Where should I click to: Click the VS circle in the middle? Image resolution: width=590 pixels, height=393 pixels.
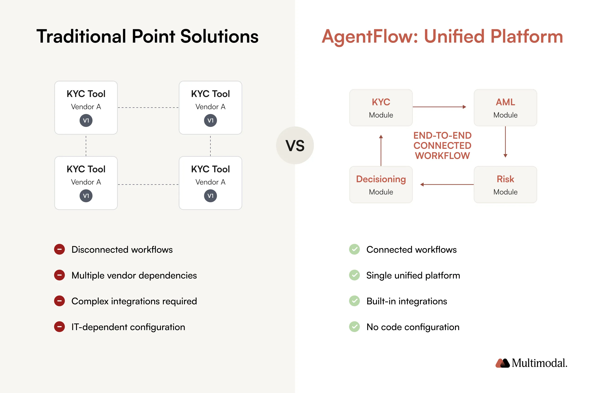click(x=295, y=145)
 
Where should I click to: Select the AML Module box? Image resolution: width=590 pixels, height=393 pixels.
click(x=505, y=108)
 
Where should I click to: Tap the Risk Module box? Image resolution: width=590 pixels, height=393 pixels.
click(x=505, y=185)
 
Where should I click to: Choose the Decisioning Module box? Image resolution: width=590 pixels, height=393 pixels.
click(x=381, y=185)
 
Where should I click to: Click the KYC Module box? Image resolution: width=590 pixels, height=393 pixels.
click(x=381, y=108)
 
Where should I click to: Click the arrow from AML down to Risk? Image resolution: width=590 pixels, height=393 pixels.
click(x=505, y=142)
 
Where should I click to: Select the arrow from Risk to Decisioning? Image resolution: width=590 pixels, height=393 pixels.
click(x=447, y=185)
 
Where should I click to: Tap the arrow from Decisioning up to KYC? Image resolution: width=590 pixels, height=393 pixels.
click(x=381, y=150)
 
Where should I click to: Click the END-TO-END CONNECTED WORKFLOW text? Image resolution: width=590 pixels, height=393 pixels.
click(x=442, y=146)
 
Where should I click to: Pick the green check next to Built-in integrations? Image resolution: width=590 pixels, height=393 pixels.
click(x=354, y=301)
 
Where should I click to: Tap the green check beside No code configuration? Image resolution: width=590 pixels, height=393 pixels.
click(x=354, y=327)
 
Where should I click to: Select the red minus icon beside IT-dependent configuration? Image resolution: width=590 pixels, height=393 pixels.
click(x=59, y=327)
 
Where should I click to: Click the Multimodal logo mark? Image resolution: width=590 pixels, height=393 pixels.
click(x=502, y=363)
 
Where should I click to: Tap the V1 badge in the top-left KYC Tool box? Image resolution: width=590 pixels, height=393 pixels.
click(x=86, y=120)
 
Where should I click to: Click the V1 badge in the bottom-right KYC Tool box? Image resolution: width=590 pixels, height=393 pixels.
click(x=210, y=196)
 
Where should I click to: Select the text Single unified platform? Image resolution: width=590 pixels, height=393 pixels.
click(x=413, y=275)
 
